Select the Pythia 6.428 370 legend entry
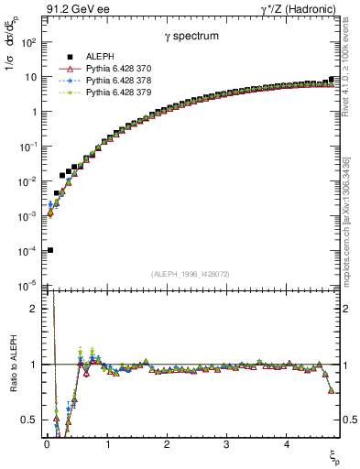tap(114, 69)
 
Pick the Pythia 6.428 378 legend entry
tap(114, 81)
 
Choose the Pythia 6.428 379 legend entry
tap(114, 93)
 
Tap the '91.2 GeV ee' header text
tap(76, 9)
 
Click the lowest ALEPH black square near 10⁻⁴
tap(50, 250)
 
